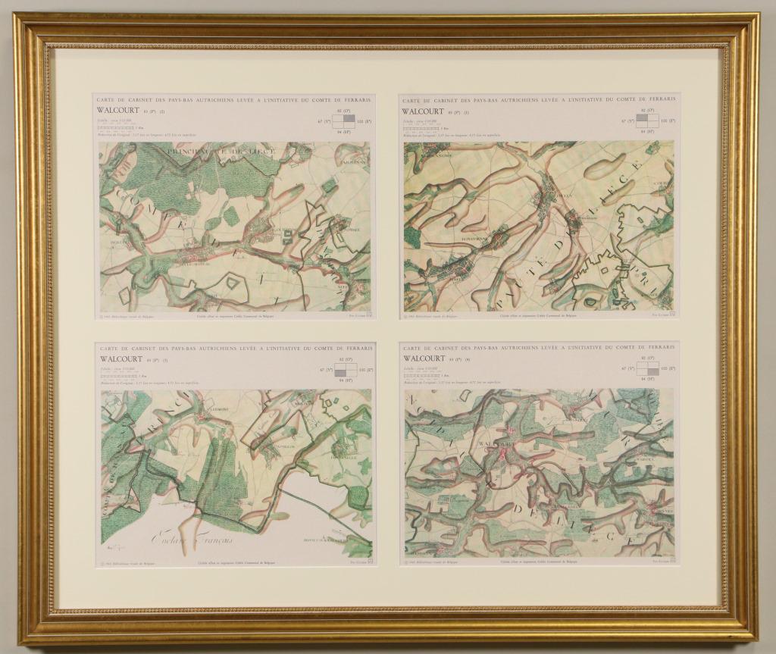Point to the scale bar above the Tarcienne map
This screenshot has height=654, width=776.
(117, 128)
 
